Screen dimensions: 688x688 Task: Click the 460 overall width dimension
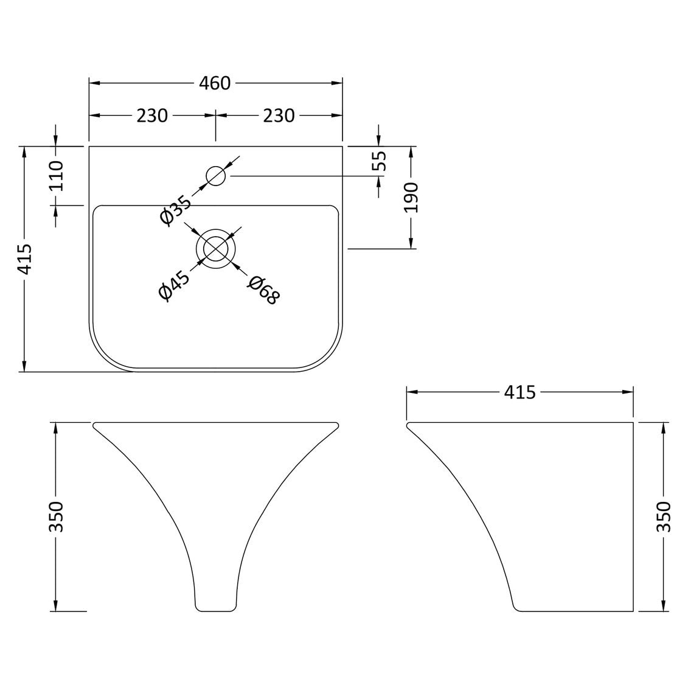(216, 83)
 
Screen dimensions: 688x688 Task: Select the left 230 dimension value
(151, 115)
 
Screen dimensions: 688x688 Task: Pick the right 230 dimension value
(279, 115)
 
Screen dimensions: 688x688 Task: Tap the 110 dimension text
(57, 175)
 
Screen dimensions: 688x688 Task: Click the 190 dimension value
(412, 197)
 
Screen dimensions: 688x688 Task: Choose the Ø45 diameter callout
(175, 284)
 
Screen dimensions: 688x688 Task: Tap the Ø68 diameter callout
(263, 290)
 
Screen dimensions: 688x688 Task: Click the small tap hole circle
(216, 176)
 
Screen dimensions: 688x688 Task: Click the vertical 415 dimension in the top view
(25, 259)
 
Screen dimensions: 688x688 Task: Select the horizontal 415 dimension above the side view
(519, 392)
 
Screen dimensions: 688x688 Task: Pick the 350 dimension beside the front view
(57, 516)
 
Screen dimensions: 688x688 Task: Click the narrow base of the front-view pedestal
(215, 609)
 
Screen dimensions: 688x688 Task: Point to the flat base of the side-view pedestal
(572, 610)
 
